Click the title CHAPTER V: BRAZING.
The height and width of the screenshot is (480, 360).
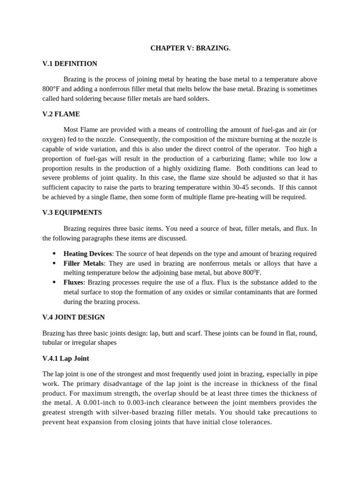(190, 48)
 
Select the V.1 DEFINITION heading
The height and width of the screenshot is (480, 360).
(70, 64)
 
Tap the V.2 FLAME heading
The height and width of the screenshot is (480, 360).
(61, 114)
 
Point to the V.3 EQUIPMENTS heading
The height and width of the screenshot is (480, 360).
(72, 212)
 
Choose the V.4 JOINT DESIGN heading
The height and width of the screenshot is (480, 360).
(74, 317)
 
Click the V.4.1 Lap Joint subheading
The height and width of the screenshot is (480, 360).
(66, 359)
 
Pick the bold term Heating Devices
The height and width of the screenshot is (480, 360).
(88, 254)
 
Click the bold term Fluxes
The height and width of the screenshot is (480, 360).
(73, 283)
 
